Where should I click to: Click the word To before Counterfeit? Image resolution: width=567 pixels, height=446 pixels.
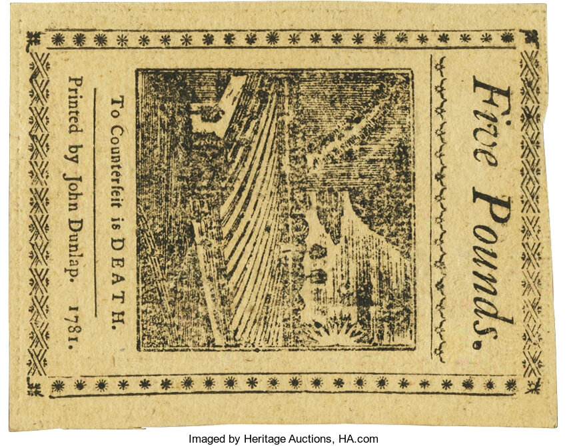[x=117, y=106]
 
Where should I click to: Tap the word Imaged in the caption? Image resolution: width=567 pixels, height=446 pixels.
[x=206, y=439]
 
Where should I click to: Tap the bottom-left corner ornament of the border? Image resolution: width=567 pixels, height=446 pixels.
[x=35, y=385]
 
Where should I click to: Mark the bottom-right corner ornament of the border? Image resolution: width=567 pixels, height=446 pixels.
[x=532, y=385]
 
